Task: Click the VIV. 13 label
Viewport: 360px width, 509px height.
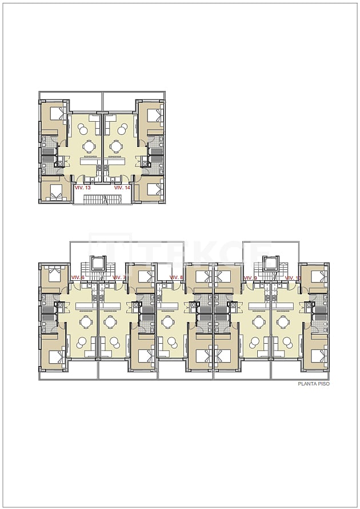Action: tap(83, 187)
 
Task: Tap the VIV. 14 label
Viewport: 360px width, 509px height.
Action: tap(122, 187)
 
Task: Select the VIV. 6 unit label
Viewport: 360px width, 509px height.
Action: tap(78, 277)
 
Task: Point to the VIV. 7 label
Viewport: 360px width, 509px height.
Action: tap(118, 277)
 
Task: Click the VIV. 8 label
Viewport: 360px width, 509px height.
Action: tap(177, 277)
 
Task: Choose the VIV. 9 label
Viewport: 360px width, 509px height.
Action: tap(250, 277)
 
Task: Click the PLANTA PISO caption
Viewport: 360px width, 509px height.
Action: tap(314, 384)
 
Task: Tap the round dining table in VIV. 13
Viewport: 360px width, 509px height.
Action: tap(89, 146)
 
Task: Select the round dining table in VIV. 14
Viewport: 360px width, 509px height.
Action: tap(117, 146)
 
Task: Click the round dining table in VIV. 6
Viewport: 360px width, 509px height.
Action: tap(86, 322)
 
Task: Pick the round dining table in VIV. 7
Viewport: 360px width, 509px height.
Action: tap(110, 322)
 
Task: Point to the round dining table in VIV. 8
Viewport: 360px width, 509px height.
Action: tap(168, 322)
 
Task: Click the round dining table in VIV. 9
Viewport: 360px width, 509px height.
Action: tap(258, 322)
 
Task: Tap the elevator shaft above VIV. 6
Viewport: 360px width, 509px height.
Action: tap(98, 264)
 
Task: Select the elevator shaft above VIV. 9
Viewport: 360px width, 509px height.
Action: tap(270, 264)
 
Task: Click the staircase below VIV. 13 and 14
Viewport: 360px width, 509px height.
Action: tap(103, 199)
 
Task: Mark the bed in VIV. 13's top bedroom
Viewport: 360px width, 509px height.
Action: tap(55, 113)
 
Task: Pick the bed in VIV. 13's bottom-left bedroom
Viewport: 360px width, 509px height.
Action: tap(55, 192)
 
